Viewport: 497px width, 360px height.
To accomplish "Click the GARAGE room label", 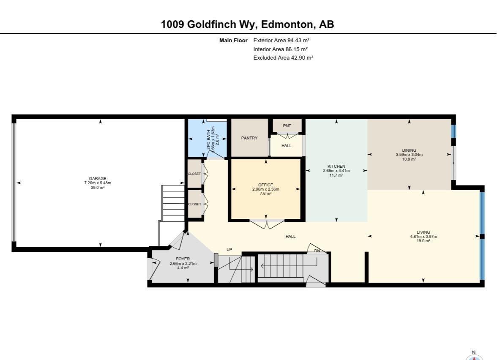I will point(98,178).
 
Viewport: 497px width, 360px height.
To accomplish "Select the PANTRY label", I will point(249,138).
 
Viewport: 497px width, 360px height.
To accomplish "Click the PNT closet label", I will point(287,126).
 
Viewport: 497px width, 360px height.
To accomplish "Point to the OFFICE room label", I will point(265,185).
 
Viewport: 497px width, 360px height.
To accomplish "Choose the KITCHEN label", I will point(336,166).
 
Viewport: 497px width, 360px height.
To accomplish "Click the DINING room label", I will point(409,150).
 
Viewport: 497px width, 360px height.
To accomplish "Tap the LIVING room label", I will point(423,232).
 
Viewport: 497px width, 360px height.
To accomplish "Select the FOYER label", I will point(183,259).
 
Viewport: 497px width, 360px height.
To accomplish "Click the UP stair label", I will point(229,250).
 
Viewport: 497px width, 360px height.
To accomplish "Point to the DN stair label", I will point(317,251).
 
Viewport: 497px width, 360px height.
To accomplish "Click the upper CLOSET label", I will point(194,174).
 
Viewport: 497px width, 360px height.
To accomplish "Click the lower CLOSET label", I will point(194,204).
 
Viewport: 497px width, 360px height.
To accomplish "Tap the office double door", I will point(267,224).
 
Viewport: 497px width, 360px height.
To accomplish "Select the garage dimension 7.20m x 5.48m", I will point(98,183).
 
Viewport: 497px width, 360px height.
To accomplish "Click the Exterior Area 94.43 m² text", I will point(281,41).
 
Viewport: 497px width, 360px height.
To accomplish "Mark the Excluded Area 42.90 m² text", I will point(283,58).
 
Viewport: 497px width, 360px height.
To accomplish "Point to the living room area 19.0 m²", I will point(423,241).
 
